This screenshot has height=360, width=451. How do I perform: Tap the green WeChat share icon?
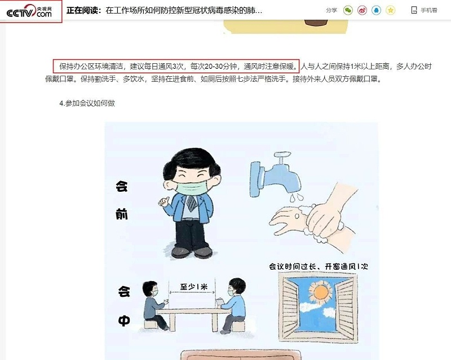pyautogui.click(x=348, y=10)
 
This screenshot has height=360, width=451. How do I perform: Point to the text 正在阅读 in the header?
pyautogui.click(x=83, y=10)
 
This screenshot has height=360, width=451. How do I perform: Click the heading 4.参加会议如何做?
pyautogui.click(x=87, y=103)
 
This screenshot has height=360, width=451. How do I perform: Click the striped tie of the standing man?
pyautogui.click(x=192, y=204)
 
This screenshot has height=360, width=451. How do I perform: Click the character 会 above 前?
pyautogui.click(x=122, y=186)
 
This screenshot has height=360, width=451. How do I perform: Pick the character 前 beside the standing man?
pyautogui.click(x=122, y=215)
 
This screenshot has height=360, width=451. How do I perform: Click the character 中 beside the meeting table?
pyautogui.click(x=123, y=320)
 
